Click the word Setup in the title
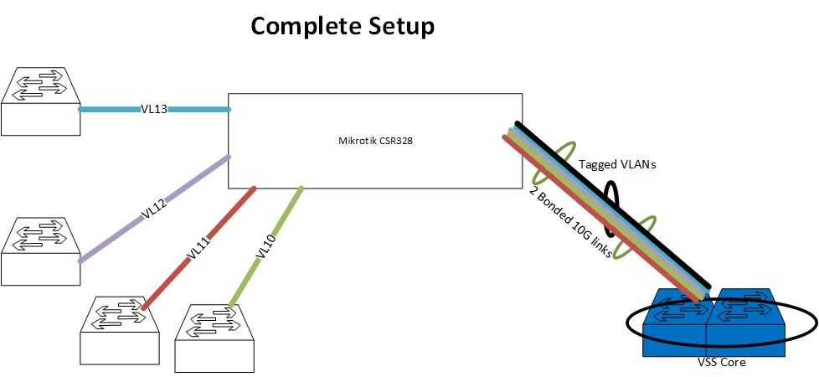[401, 28]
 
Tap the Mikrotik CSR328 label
[370, 141]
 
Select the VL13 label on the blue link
[155, 109]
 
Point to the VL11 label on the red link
[198, 249]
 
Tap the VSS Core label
[722, 363]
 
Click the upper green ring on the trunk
[551, 163]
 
